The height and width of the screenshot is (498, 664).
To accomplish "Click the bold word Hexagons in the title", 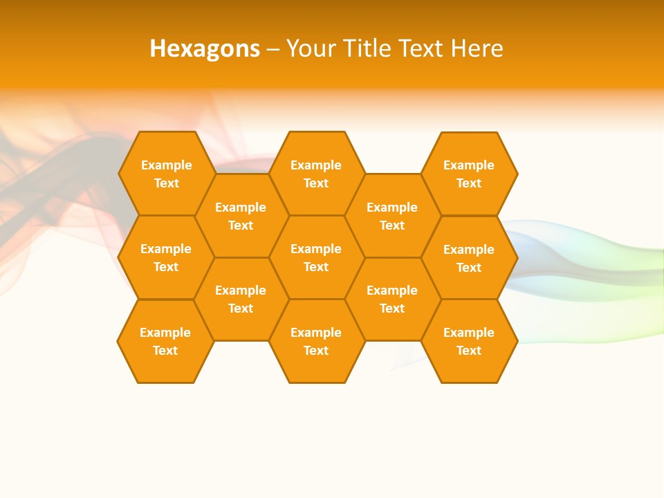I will [x=205, y=48].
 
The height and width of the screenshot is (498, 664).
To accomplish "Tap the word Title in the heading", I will [x=367, y=48].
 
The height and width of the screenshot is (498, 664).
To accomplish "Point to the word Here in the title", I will [x=477, y=48].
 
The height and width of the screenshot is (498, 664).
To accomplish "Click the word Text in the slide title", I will [x=420, y=48].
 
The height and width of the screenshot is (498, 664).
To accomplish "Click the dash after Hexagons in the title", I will [x=273, y=49].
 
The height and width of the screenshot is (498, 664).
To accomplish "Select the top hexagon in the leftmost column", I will [x=166, y=174].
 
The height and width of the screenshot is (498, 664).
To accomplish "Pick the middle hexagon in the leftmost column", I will [x=166, y=257].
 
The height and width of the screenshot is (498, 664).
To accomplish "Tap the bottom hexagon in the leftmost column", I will [x=165, y=341].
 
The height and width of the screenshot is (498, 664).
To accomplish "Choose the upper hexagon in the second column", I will [x=241, y=216].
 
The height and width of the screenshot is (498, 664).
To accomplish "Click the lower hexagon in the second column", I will [x=241, y=299].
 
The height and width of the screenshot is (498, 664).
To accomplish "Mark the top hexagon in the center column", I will [x=316, y=174].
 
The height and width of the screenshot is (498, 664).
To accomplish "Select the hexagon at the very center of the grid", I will [x=316, y=257].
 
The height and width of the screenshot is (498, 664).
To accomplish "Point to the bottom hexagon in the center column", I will [x=316, y=341].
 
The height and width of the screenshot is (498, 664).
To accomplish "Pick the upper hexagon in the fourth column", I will [x=392, y=216].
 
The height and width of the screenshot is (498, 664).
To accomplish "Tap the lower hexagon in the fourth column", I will [x=392, y=299].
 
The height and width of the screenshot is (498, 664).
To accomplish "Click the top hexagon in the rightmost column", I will [x=469, y=174].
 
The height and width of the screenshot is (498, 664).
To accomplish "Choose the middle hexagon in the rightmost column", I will [x=469, y=258].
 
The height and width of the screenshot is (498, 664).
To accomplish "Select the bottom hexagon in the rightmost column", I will [x=469, y=341].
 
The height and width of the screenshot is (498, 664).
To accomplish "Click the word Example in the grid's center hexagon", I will [x=316, y=249].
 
